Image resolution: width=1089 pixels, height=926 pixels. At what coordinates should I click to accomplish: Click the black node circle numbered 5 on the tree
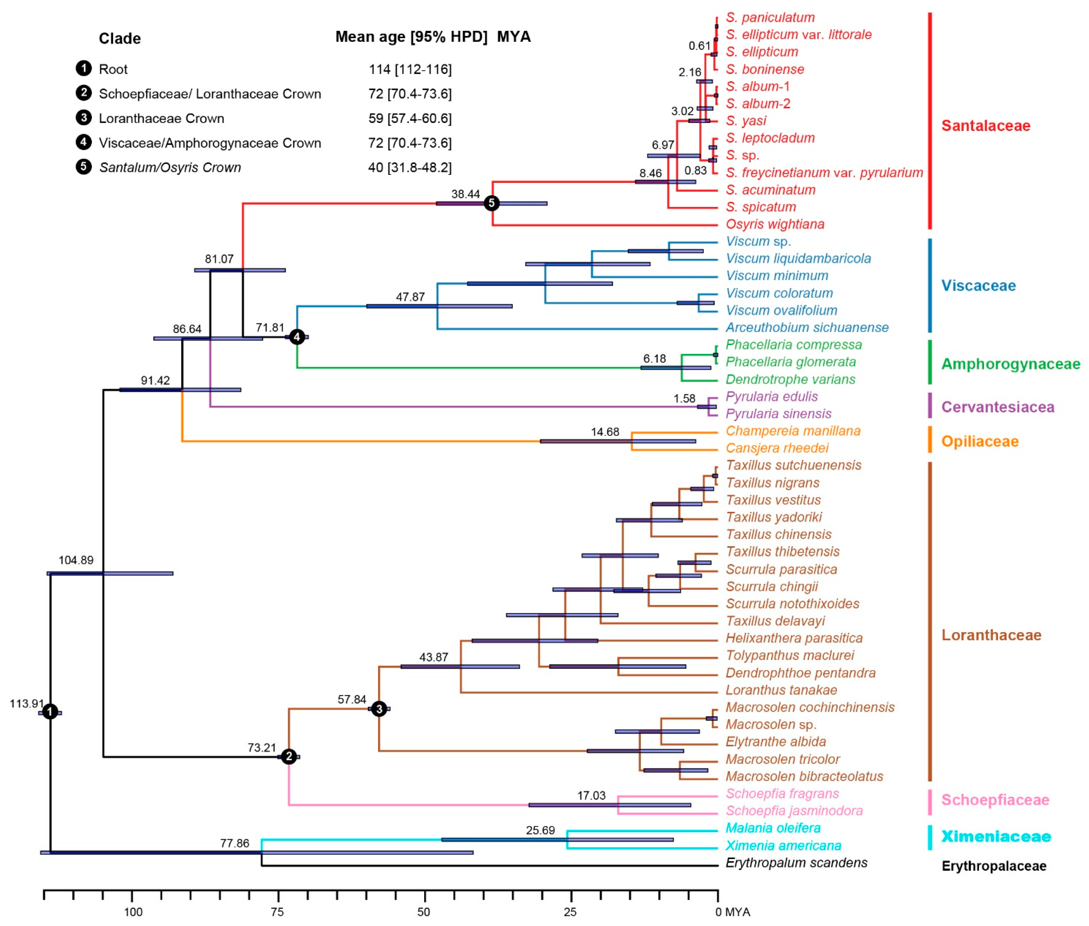(491, 203)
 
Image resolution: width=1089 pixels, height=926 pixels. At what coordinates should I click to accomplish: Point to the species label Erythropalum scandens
(796, 862)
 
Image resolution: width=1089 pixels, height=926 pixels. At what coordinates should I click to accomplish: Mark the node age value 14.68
(605, 432)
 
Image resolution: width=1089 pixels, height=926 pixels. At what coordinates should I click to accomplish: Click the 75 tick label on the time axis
(277, 912)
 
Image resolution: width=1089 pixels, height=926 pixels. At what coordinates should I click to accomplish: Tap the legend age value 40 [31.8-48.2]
(409, 168)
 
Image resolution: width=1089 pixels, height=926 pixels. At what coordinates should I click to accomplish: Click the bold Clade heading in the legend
(120, 38)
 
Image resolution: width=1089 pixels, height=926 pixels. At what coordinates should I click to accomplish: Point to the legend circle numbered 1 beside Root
(84, 69)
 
